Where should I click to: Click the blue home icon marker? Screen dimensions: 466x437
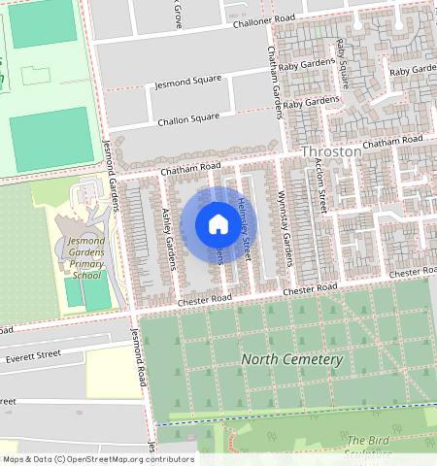[218, 225]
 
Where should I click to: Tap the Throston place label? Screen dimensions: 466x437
[331, 152]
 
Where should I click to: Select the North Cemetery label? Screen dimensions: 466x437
[292, 360]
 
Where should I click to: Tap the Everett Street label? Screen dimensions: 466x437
[34, 357]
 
